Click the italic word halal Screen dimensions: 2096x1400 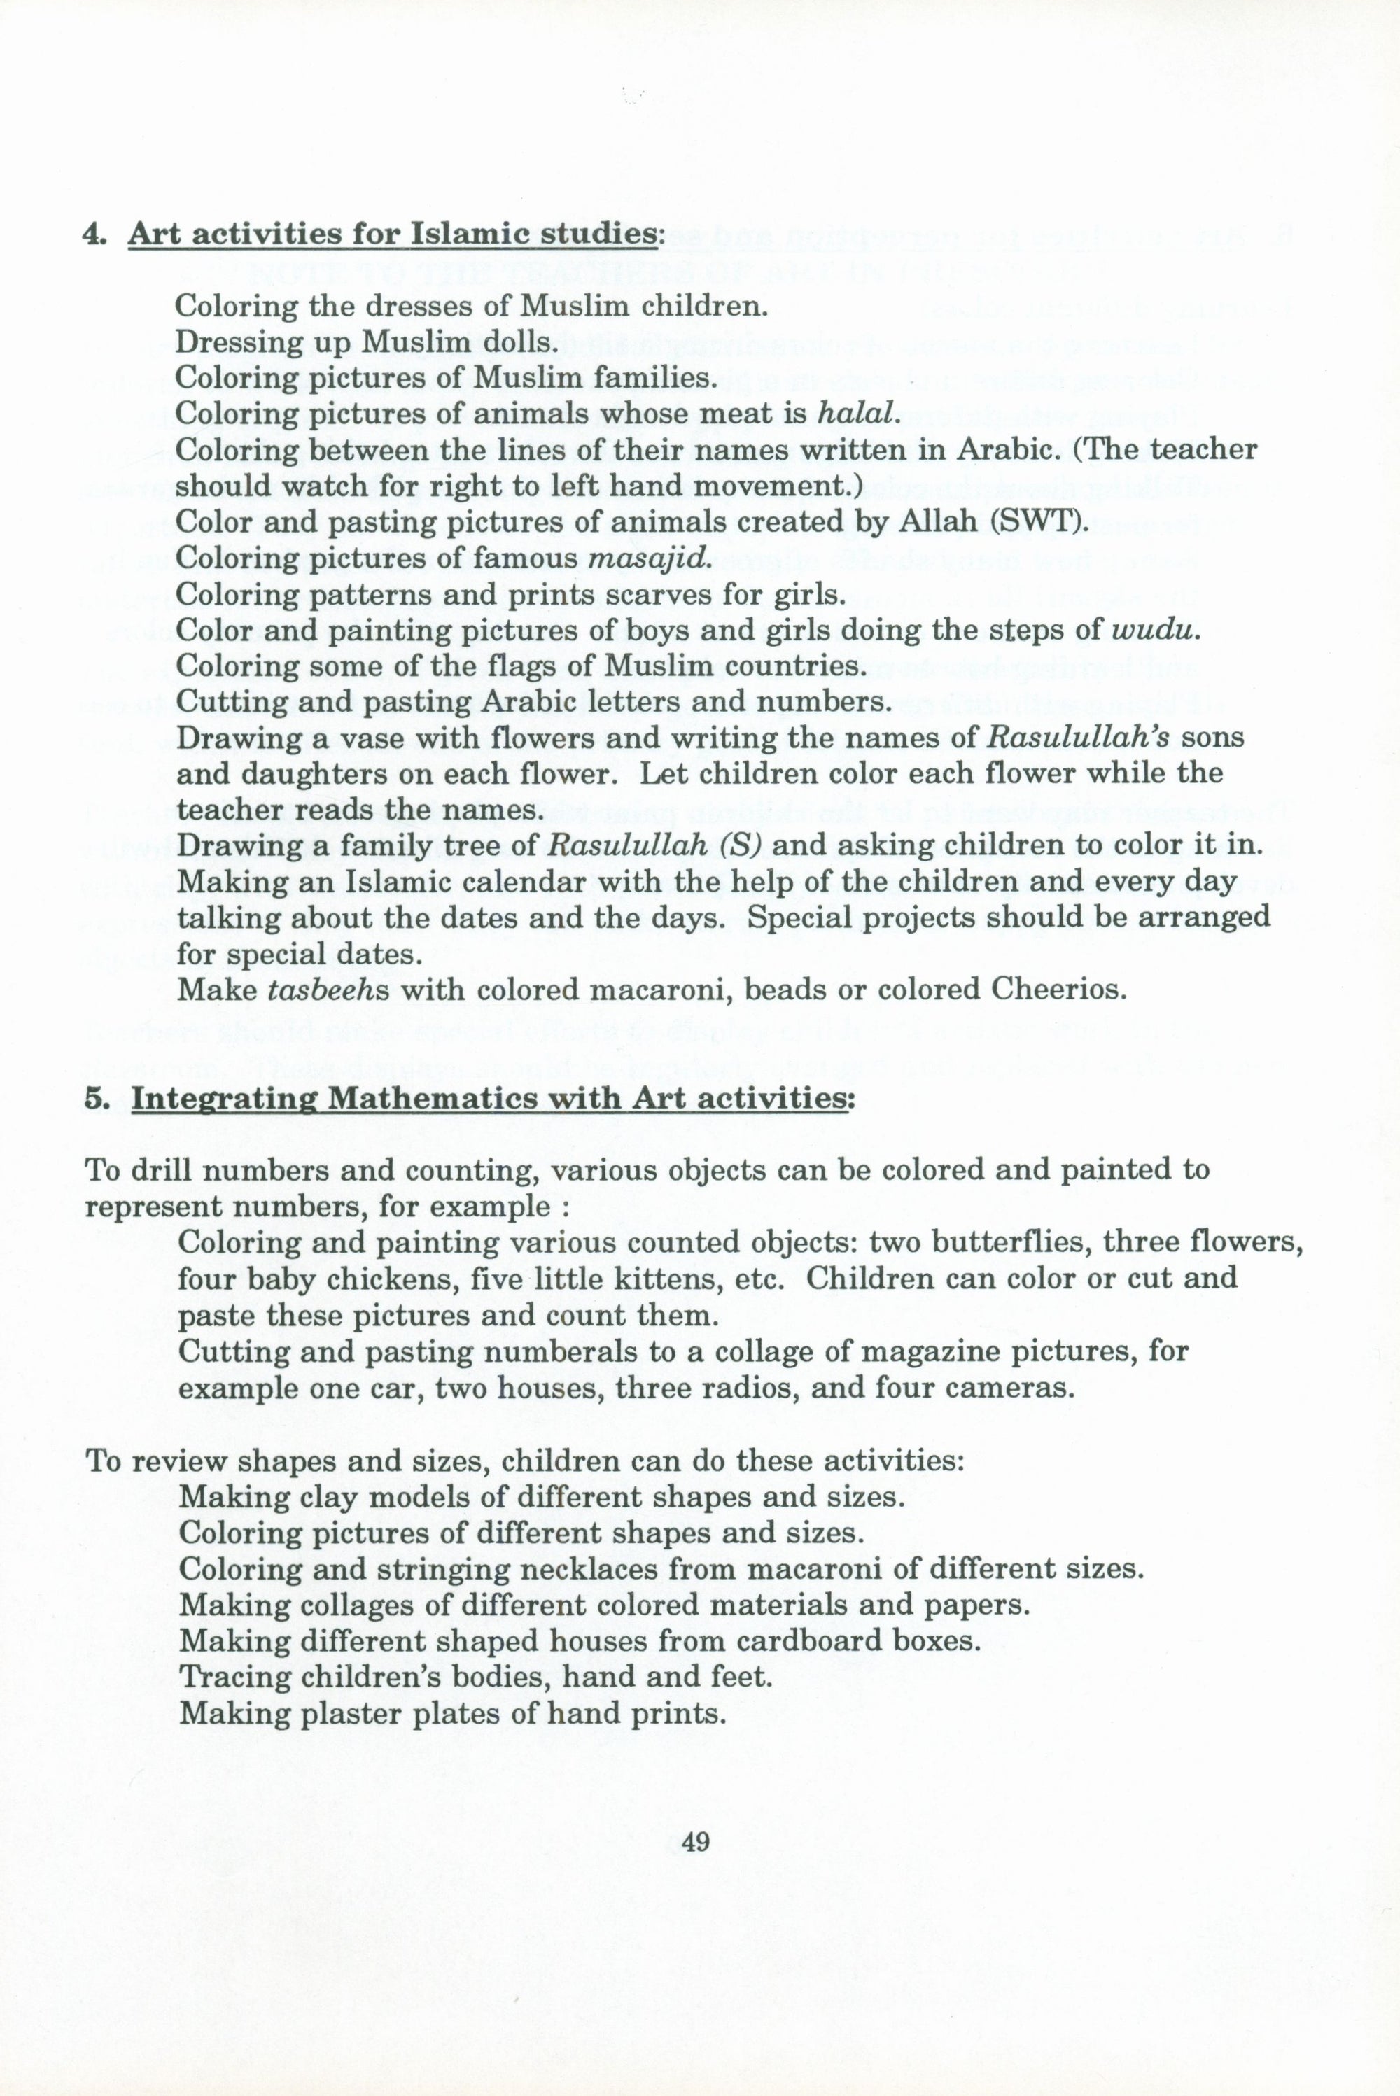856,414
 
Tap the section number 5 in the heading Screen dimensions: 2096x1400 94,1099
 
